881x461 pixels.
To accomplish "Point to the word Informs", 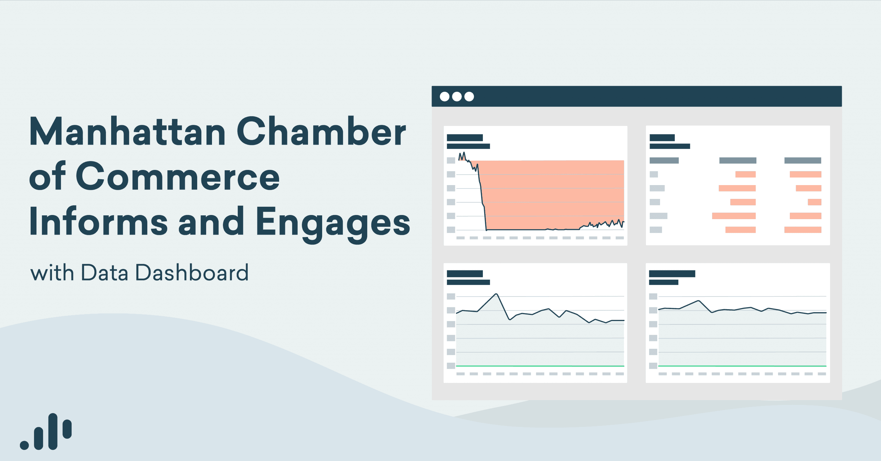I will [x=98, y=222].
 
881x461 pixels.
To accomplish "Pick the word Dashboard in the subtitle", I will [x=192, y=273].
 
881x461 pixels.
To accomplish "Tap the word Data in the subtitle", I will [x=105, y=273].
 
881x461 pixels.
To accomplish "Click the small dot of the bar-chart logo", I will [x=24, y=445].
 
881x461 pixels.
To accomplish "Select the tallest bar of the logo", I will [x=53, y=431].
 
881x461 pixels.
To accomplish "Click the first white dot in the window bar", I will [x=445, y=97].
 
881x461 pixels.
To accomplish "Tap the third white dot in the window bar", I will [x=469, y=97].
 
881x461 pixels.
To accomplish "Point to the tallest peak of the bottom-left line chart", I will [x=496, y=294].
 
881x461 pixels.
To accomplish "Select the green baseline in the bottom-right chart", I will [x=742, y=366].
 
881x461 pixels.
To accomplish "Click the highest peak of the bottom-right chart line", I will [x=699, y=301].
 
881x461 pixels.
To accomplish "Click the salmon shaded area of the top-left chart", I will [x=554, y=193].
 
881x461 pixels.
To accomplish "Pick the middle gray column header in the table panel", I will [x=737, y=161].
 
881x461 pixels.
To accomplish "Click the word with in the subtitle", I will [x=52, y=273].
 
